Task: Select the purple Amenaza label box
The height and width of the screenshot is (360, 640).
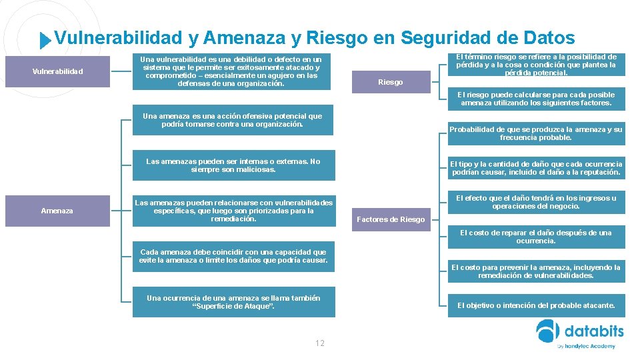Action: (x=57, y=211)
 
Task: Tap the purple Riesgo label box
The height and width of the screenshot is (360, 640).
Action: (x=390, y=82)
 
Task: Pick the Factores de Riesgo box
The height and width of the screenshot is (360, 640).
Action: (x=390, y=219)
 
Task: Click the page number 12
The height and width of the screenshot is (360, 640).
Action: (x=320, y=343)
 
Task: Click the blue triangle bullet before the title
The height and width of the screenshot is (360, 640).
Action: (x=45, y=41)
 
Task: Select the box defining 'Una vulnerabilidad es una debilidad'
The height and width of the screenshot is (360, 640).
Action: (x=233, y=72)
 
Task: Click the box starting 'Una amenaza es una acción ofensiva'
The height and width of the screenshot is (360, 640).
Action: (x=233, y=120)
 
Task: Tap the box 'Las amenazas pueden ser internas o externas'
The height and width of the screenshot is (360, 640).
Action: (x=233, y=165)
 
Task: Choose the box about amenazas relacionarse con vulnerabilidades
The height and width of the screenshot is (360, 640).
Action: (x=233, y=211)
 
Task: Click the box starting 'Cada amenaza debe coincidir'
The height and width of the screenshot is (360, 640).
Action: (x=233, y=256)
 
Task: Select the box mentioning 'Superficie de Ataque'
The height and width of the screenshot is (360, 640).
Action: (x=233, y=302)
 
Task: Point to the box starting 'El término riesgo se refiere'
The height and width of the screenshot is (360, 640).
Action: (x=536, y=65)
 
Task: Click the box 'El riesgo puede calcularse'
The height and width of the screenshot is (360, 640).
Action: (x=536, y=99)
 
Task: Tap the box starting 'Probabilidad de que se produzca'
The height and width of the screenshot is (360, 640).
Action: (x=536, y=133)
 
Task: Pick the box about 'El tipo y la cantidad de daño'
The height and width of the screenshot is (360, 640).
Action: (x=536, y=168)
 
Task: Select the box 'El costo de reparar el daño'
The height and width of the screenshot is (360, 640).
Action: (x=536, y=237)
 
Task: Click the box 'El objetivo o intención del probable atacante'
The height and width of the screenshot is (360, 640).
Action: (x=536, y=305)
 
